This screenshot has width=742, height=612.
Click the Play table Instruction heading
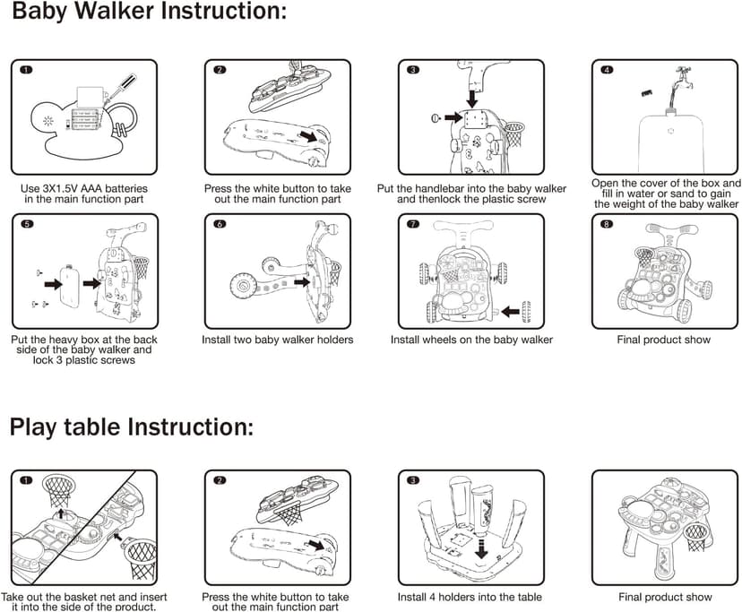[x=131, y=426]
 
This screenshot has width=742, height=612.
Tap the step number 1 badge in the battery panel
[x=27, y=69]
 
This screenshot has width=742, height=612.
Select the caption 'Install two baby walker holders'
[x=279, y=340]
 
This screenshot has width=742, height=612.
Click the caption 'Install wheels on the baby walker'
[x=471, y=340]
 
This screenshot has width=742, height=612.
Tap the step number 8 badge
[x=608, y=223]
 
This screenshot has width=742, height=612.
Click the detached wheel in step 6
[x=243, y=287]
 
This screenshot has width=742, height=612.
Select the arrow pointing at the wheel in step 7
[x=507, y=311]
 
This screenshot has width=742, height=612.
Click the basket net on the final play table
[x=696, y=539]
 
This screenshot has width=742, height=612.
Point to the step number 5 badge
[x=27, y=223]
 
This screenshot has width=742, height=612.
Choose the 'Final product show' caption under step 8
[x=663, y=340]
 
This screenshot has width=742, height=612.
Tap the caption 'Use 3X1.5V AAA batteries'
[x=83, y=189]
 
